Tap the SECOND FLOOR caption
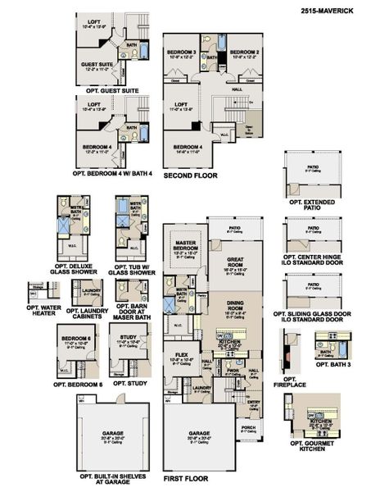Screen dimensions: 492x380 tap(189, 175)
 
